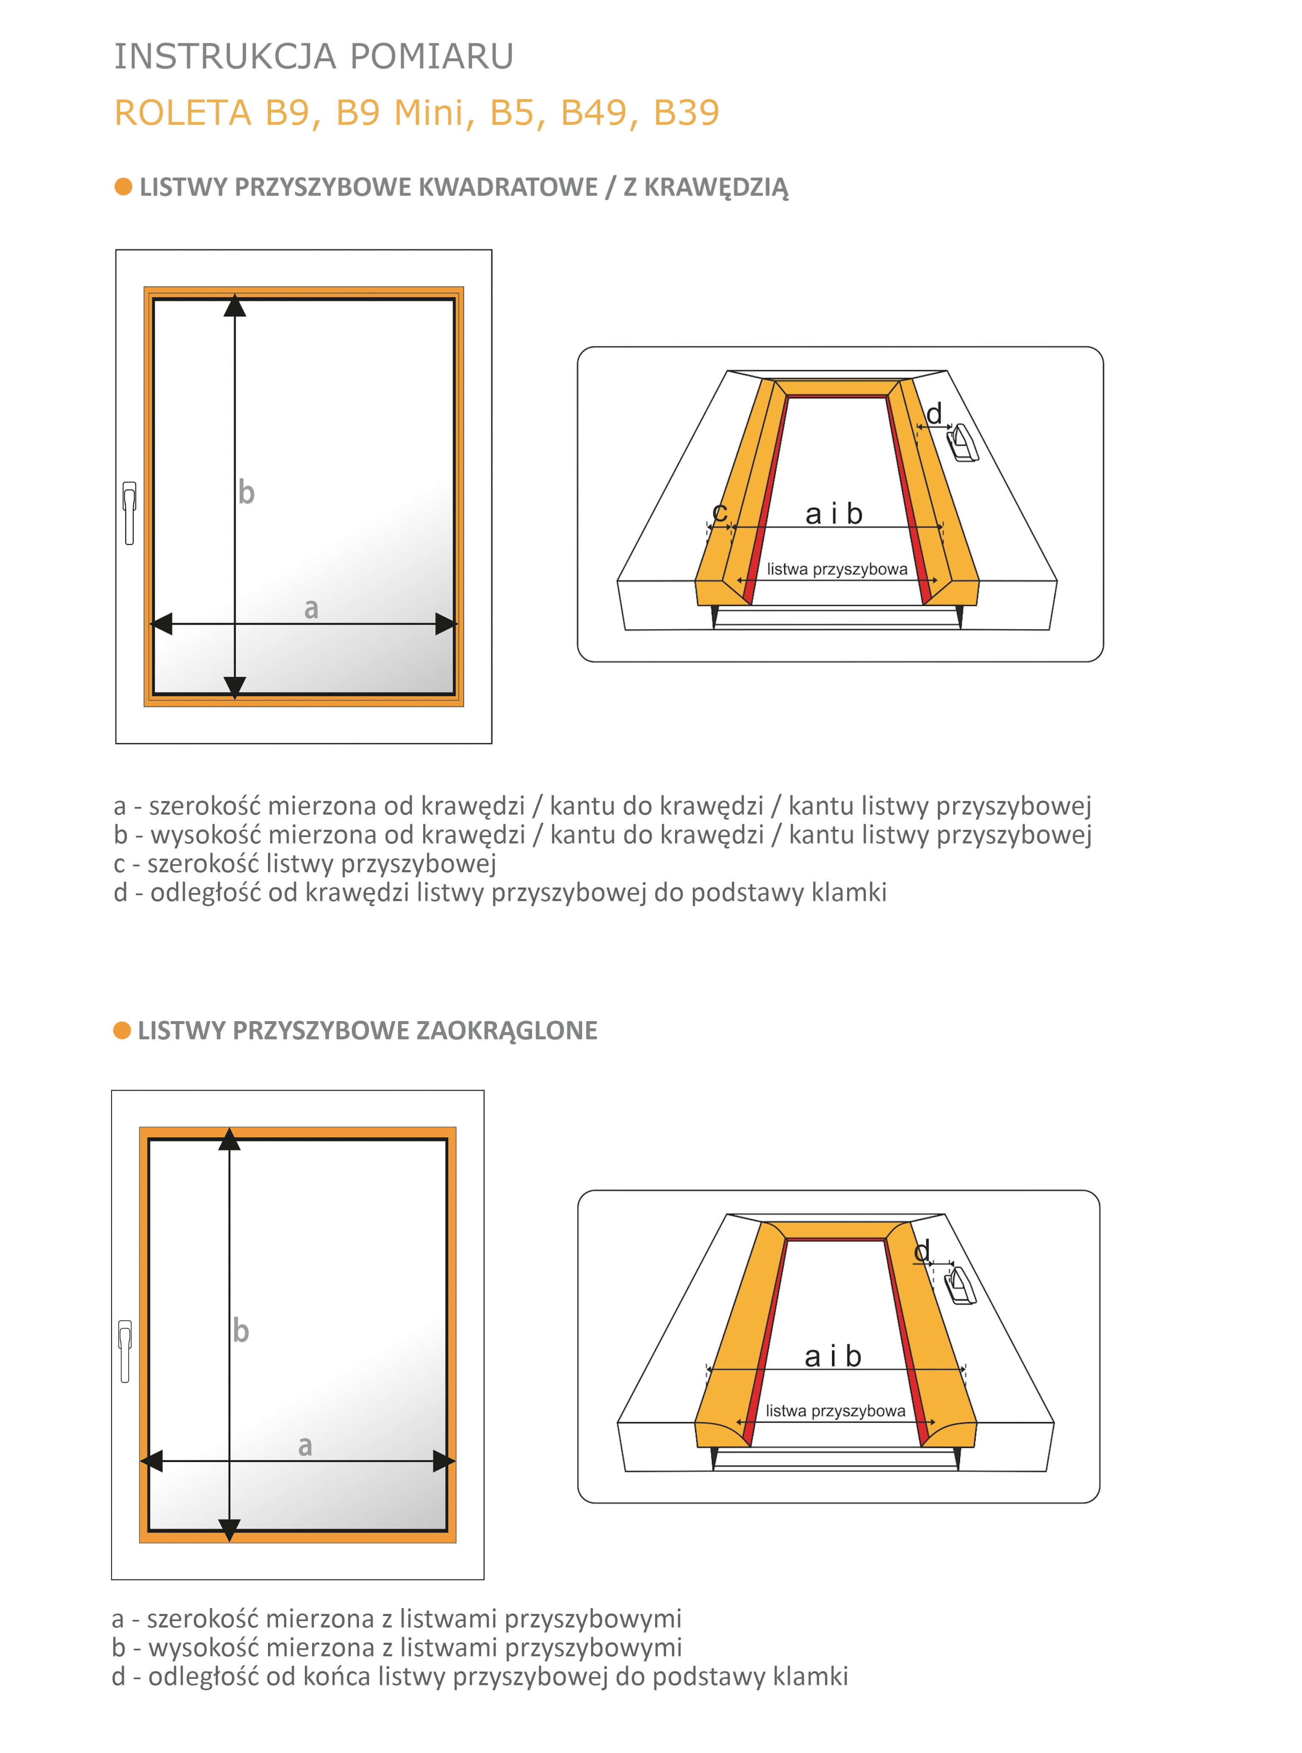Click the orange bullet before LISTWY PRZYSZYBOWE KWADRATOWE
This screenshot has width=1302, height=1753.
(x=123, y=187)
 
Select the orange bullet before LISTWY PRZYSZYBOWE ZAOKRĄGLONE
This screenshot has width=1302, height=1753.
(x=121, y=1030)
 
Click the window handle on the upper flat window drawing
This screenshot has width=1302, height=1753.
(x=129, y=512)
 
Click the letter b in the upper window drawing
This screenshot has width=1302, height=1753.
(x=247, y=493)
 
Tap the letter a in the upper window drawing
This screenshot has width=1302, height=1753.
(x=311, y=609)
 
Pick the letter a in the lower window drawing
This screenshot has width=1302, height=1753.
(x=305, y=1446)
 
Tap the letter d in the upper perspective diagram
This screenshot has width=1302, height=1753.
(x=934, y=413)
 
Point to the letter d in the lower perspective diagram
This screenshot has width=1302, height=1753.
(x=921, y=1251)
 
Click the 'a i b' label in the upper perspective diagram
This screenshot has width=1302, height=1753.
(x=834, y=514)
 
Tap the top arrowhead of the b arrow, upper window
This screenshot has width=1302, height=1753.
(x=235, y=306)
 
